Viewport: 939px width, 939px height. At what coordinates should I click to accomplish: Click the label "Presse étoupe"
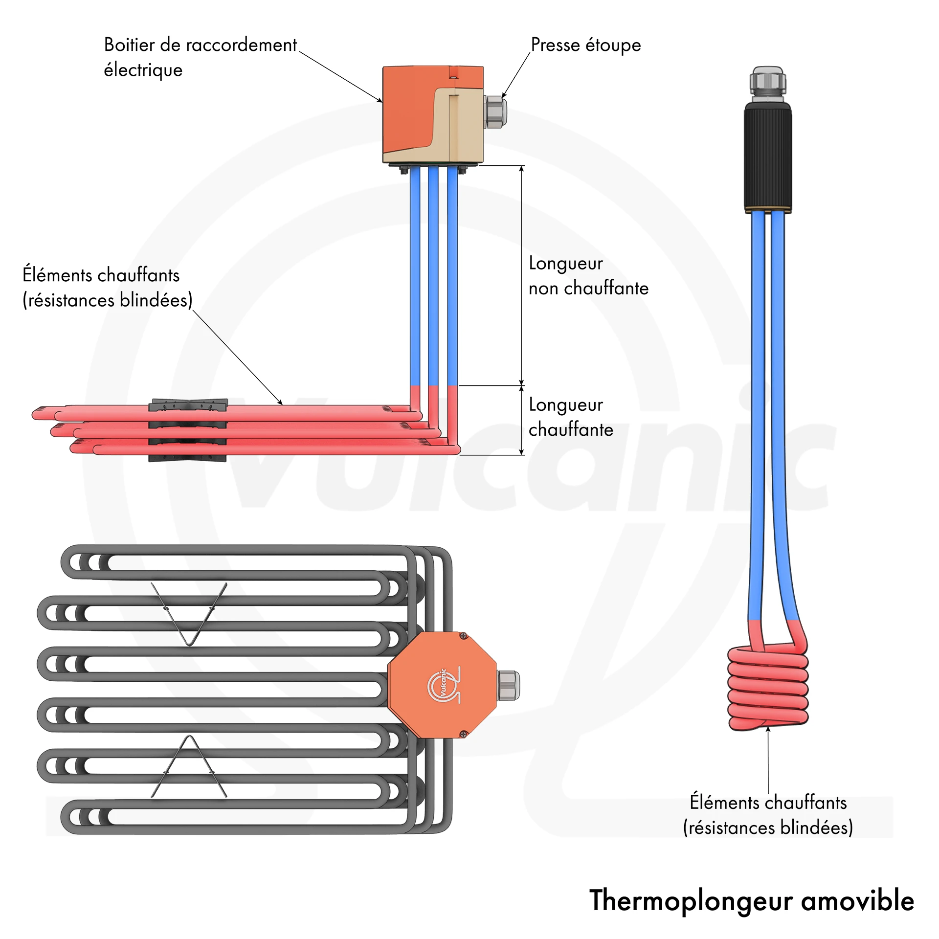click(585, 45)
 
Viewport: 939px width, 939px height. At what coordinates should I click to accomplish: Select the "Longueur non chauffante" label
click(588, 276)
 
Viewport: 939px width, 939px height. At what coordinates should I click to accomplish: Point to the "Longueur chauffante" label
click(570, 417)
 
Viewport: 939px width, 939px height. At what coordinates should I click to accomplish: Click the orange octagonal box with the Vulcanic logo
click(442, 685)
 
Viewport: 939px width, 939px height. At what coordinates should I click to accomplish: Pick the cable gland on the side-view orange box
click(495, 112)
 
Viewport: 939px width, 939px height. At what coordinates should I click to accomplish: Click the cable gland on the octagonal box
click(509, 685)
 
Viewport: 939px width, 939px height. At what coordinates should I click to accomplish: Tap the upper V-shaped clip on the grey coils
click(189, 614)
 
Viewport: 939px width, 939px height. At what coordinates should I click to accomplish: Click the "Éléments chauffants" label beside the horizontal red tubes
click(108, 288)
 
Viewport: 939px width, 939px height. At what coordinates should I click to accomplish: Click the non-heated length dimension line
click(521, 275)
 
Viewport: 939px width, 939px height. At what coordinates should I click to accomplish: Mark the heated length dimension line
click(521, 421)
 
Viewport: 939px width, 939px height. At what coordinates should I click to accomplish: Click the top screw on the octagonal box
click(463, 636)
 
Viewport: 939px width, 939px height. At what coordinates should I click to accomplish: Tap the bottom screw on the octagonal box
click(463, 734)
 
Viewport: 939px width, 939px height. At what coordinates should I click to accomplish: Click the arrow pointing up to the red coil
click(768, 758)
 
